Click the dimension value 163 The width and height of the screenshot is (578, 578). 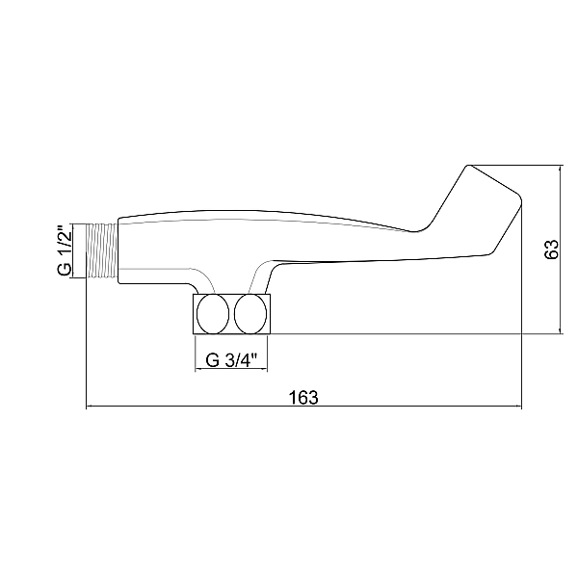[x=302, y=396]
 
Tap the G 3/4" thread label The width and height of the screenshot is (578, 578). [x=231, y=361]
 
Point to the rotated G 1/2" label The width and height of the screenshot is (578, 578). [x=65, y=250]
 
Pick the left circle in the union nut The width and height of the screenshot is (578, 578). [x=213, y=313]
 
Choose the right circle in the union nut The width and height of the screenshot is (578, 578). [x=250, y=313]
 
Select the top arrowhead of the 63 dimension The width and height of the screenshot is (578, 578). [x=561, y=168]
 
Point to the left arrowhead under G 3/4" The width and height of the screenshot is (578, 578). [x=198, y=372]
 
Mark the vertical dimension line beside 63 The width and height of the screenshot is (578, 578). [x=561, y=289]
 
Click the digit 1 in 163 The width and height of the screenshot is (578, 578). [x=290, y=396]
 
